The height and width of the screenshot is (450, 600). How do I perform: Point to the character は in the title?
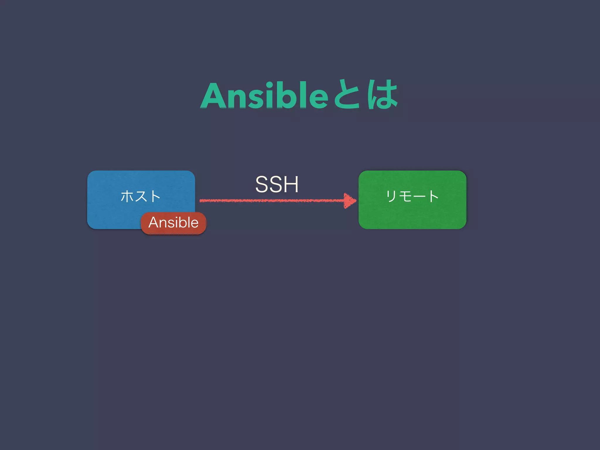tap(383, 95)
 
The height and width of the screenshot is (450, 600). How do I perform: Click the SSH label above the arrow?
tap(277, 185)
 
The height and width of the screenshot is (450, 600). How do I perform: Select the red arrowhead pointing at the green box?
tap(350, 201)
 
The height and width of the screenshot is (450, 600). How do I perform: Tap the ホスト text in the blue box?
tap(141, 196)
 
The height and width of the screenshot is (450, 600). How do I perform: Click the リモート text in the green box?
tap(412, 196)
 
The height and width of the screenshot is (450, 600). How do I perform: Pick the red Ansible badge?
tap(173, 223)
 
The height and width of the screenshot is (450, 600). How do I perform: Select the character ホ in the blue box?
tap(127, 196)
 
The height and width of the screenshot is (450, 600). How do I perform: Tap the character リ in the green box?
tap(391, 196)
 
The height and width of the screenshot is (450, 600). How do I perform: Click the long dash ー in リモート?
tap(420, 196)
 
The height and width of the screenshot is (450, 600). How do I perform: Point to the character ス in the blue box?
tap(141, 196)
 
